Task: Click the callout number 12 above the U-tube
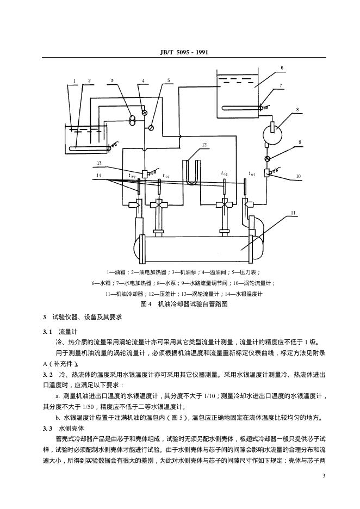(x=204, y=145)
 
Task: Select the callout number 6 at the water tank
(x=282, y=67)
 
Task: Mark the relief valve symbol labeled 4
(x=144, y=113)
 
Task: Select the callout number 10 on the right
(x=299, y=176)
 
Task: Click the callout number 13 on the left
(x=99, y=163)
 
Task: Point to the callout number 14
(x=99, y=175)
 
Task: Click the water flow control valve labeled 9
(x=268, y=158)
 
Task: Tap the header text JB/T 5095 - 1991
(x=179, y=52)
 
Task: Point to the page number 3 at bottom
(x=324, y=476)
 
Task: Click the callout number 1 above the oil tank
(x=74, y=81)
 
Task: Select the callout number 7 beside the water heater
(x=281, y=85)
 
